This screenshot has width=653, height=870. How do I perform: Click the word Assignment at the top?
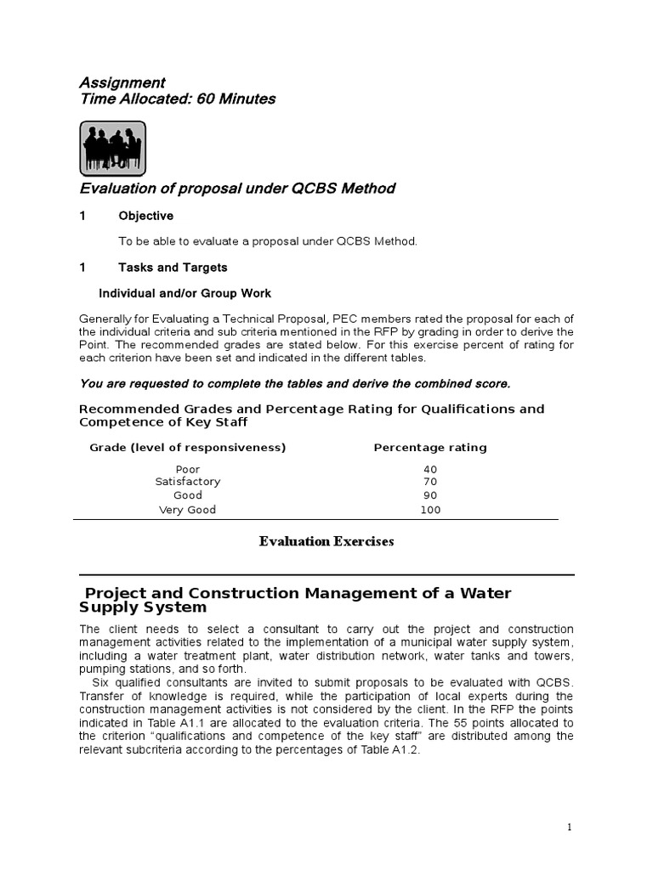pyautogui.click(x=122, y=82)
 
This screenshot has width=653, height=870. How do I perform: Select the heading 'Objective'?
pyautogui.click(x=145, y=216)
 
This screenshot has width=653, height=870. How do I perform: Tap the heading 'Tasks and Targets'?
pyautogui.click(x=173, y=268)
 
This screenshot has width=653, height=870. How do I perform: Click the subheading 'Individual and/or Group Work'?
pyautogui.click(x=185, y=293)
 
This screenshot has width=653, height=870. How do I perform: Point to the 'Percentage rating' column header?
pyautogui.click(x=430, y=448)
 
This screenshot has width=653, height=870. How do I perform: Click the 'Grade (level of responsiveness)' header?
pyautogui.click(x=188, y=448)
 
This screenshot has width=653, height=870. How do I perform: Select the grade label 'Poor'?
pyautogui.click(x=188, y=469)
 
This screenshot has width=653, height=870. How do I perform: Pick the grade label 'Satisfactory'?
pyautogui.click(x=188, y=482)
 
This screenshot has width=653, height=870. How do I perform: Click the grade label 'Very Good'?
pyautogui.click(x=188, y=510)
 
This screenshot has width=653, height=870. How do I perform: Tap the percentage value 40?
pyautogui.click(x=430, y=469)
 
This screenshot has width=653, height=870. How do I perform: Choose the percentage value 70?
pyautogui.click(x=430, y=482)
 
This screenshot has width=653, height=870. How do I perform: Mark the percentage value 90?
pyautogui.click(x=430, y=495)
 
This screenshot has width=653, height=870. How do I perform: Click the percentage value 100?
pyautogui.click(x=430, y=510)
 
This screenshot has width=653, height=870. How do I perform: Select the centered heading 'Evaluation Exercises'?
pyautogui.click(x=326, y=542)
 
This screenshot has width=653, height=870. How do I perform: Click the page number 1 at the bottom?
pyautogui.click(x=570, y=827)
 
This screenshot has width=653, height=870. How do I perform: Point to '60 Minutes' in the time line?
pyautogui.click(x=236, y=99)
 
